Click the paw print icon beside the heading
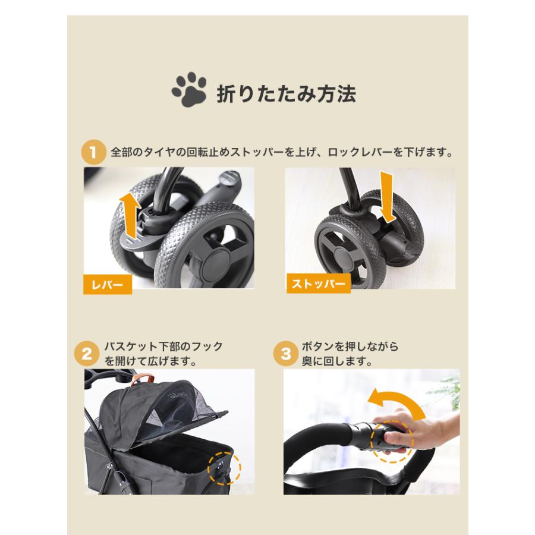point(188,90)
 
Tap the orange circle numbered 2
point(87,355)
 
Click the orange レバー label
point(107,284)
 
